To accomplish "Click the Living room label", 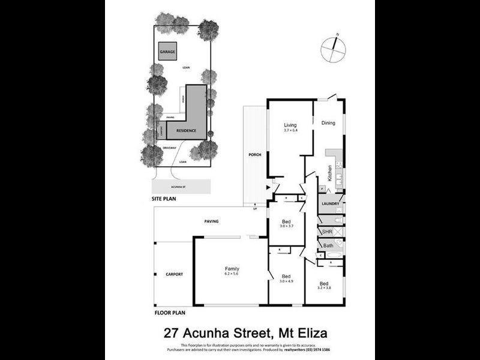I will pyautogui.click(x=290, y=125).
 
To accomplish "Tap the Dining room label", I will pyautogui.click(x=328, y=124).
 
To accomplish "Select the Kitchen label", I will pyautogui.click(x=329, y=173).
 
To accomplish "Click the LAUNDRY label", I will pyautogui.click(x=331, y=204).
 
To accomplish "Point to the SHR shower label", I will pyautogui.click(x=327, y=232).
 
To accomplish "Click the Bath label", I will pyautogui.click(x=328, y=245).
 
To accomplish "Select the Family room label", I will pyautogui.click(x=232, y=268).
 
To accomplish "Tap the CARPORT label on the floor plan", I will pyautogui.click(x=174, y=274).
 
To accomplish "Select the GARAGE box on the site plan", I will pyautogui.click(x=167, y=52).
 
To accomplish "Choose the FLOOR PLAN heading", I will pyautogui.click(x=170, y=313).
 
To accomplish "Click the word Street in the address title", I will pyautogui.click(x=253, y=332).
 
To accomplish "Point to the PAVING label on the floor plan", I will pyautogui.click(x=211, y=221).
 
